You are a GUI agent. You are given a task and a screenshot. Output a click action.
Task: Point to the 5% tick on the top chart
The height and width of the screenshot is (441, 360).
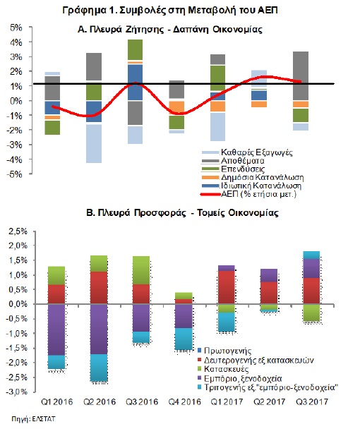coord(16,28)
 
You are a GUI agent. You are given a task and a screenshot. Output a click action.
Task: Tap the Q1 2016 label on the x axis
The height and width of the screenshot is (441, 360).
coord(57,401)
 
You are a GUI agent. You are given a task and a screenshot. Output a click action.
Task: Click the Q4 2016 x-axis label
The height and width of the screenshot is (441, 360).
coord(185,401)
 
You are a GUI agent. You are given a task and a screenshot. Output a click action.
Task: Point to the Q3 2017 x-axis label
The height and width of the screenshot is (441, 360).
coord(312,401)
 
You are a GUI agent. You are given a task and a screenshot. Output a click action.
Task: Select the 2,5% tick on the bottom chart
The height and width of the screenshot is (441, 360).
coord(18,231)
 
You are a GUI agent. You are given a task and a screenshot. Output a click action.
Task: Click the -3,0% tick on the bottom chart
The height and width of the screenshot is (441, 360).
coord(17,392)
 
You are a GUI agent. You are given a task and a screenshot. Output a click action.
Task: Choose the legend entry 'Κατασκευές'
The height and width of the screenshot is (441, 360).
coord(227,369)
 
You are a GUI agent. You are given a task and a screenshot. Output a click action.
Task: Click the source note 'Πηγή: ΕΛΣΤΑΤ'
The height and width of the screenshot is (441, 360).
coord(33,419)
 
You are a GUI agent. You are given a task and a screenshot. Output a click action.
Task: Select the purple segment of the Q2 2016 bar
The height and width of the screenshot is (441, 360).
coord(99,329)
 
